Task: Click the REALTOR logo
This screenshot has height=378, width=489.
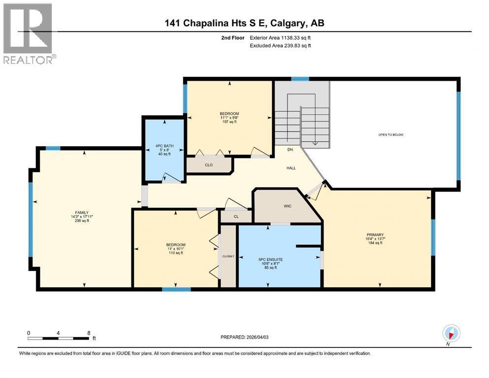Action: click(29, 33)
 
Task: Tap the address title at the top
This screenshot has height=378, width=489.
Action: click(244, 23)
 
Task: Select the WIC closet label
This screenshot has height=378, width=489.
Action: click(288, 206)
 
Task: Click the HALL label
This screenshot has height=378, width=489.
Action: click(291, 168)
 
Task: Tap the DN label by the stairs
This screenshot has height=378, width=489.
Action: click(291, 149)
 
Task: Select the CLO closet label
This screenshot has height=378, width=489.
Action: click(209, 165)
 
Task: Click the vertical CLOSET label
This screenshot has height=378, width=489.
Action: click(228, 256)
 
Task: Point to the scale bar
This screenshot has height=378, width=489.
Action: click(59, 338)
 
